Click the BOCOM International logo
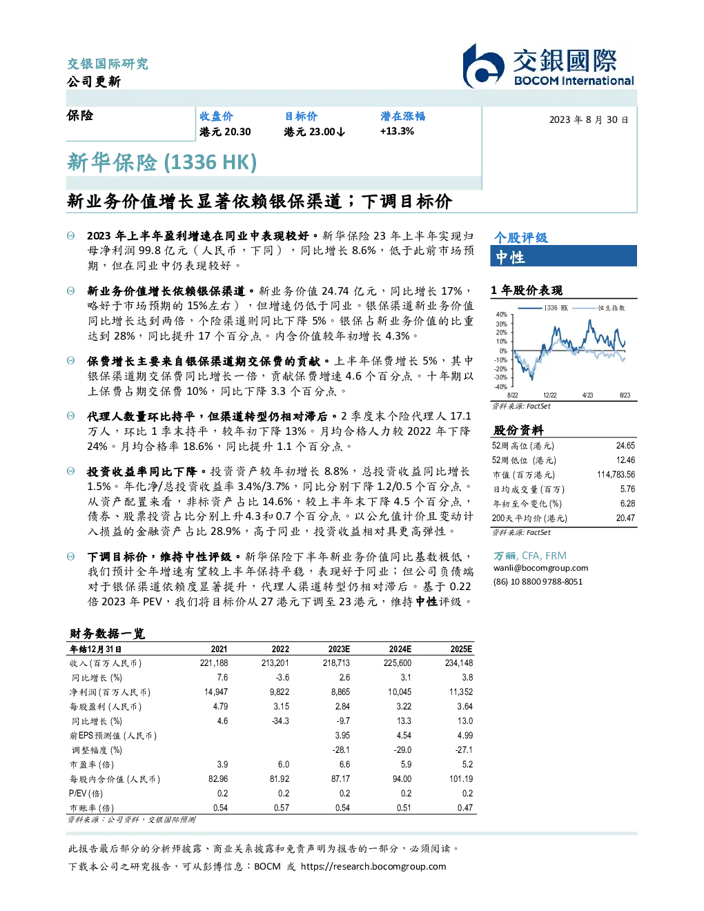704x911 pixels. click(548, 66)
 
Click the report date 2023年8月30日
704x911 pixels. click(589, 120)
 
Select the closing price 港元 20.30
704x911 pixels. click(225, 132)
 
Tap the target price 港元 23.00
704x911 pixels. click(314, 132)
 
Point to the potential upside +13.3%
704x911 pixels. click(397, 131)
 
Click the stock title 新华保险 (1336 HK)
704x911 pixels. click(162, 162)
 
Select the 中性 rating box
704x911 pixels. click(563, 256)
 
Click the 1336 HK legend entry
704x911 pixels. click(543, 308)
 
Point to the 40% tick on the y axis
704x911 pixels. click(501, 315)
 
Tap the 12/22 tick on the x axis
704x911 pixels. click(549, 395)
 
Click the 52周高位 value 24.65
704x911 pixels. click(625, 446)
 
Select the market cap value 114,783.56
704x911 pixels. click(616, 475)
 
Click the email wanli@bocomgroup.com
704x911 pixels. click(540, 568)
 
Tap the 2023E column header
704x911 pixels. click(339, 649)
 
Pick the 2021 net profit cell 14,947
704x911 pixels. click(216, 692)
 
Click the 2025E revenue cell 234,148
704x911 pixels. click(459, 663)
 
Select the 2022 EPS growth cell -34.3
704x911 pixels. click(280, 721)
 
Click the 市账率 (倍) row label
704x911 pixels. click(91, 808)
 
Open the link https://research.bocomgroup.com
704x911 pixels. click(373, 867)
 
